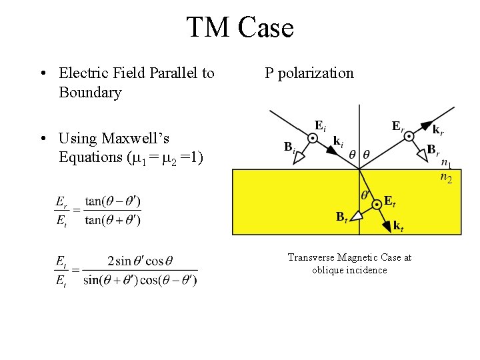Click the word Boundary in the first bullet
coord(90,93)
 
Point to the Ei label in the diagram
coord(320,125)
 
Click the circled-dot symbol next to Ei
coord(311,138)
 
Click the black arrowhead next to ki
coord(331,151)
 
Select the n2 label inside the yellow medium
coord(446,177)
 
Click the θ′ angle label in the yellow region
coord(366,195)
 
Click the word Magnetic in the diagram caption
coord(363,257)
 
